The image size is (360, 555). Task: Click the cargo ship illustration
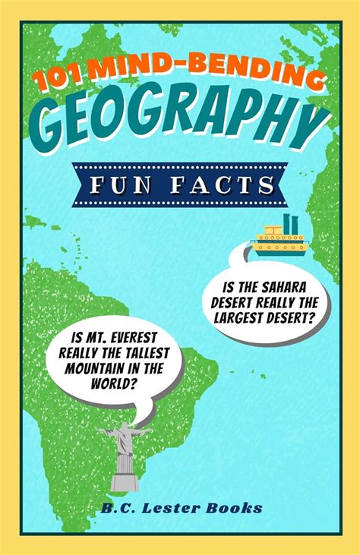279,238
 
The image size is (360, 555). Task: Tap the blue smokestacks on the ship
289,223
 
